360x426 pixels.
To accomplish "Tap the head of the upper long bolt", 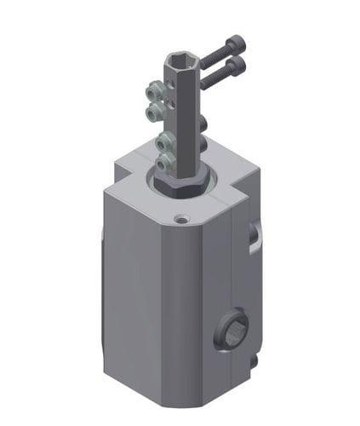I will (237, 42).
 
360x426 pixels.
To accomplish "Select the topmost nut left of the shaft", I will (153, 89).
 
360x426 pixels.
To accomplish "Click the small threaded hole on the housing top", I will (180, 219).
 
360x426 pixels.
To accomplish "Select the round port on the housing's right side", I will (233, 327).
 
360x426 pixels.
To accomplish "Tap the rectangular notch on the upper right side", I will (254, 238).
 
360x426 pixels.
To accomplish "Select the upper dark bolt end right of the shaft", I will (203, 125).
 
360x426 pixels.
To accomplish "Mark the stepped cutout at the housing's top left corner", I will (128, 170).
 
